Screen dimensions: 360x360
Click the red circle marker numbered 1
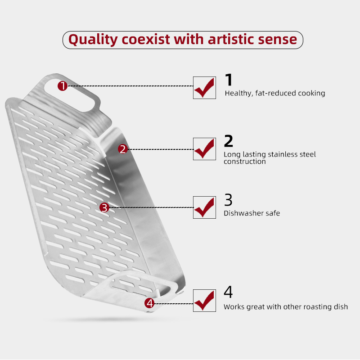(x=63, y=86)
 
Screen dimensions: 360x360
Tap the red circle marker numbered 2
(x=123, y=149)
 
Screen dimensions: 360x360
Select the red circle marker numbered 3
(x=104, y=207)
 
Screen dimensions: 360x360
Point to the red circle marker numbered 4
(x=149, y=303)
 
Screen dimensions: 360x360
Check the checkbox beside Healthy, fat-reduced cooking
(x=204, y=88)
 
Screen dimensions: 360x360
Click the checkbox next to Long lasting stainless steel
(x=204, y=149)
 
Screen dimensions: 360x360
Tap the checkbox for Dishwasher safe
(x=204, y=207)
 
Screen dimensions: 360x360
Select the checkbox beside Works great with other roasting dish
(x=204, y=301)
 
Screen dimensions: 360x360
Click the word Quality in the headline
(x=93, y=40)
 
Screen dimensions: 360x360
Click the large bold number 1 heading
(x=229, y=80)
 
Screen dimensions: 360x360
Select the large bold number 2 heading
(x=229, y=141)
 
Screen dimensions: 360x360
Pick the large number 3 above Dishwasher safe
(x=228, y=200)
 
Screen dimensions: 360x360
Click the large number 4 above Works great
(x=228, y=292)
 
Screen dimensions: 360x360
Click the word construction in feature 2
(x=245, y=162)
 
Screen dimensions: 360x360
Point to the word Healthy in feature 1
(x=239, y=93)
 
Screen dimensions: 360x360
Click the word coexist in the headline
(x=146, y=40)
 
